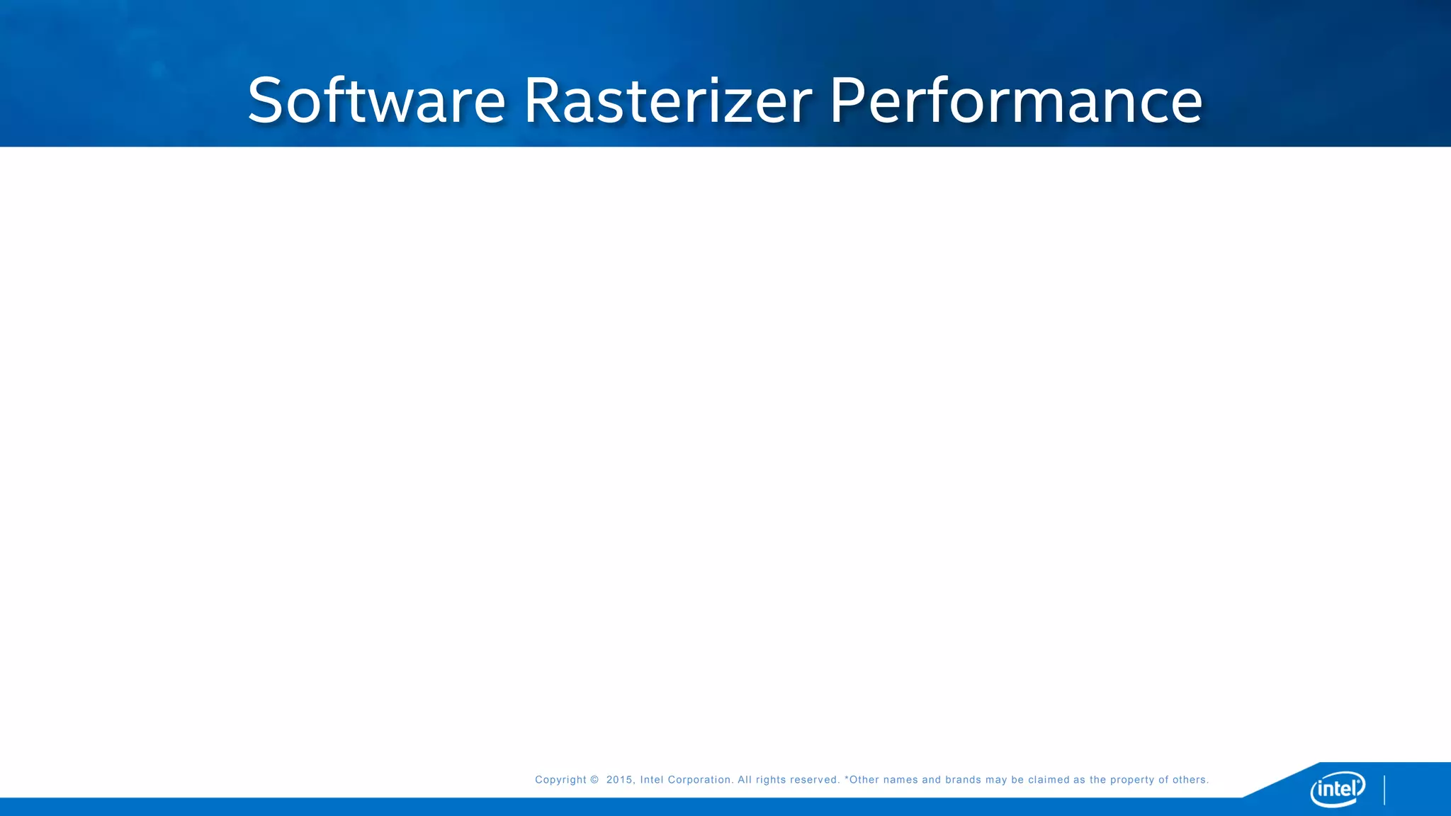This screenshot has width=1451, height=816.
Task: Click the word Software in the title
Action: coord(376,101)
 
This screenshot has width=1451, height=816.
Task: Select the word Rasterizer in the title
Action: coord(667,101)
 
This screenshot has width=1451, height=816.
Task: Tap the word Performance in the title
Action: coord(1015,101)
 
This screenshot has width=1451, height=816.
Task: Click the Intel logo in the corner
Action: coord(1337,788)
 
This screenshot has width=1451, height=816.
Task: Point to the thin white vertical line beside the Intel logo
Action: coord(1384,790)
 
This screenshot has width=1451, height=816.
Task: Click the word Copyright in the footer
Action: coord(560,780)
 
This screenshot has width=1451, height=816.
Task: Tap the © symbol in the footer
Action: coord(594,780)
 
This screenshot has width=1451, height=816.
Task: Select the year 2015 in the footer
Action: coord(619,780)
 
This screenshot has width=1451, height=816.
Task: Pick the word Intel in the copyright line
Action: coord(651,780)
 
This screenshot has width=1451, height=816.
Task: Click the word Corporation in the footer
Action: coord(700,780)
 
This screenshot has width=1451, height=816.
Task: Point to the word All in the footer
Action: coord(744,780)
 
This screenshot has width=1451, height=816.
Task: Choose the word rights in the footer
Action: coord(771,780)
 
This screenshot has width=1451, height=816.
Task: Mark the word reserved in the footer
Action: coord(815,780)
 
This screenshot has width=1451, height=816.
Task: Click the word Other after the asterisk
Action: coord(864,780)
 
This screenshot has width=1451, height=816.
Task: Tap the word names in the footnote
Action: coord(900,780)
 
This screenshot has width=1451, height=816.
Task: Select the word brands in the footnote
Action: coord(963,780)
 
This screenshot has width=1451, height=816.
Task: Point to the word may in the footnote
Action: coord(995,780)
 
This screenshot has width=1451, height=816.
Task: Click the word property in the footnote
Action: coord(1131,780)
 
